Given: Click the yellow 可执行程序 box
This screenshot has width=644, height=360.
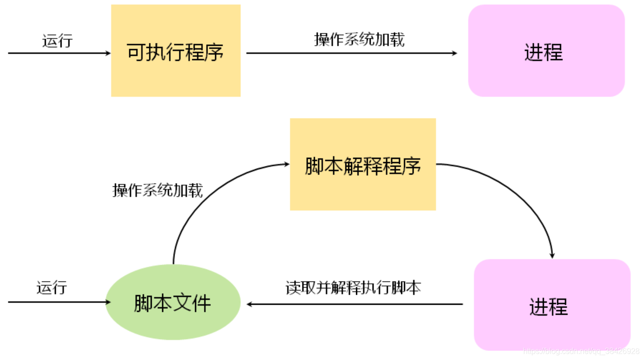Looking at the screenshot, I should click(x=176, y=51).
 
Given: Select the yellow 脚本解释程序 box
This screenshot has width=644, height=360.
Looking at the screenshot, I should click(x=363, y=165).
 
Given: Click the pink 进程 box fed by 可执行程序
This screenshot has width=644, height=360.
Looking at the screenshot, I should click(x=546, y=51).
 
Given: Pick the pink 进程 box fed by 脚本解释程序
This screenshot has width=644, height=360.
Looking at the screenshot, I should click(x=552, y=305).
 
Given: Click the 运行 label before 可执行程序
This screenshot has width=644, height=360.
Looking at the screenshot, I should click(x=57, y=41).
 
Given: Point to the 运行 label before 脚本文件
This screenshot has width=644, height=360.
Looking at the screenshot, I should click(x=52, y=288).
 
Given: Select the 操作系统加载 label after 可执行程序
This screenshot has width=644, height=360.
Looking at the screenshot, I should click(x=359, y=39).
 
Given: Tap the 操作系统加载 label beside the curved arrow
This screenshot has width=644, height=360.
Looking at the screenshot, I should click(x=157, y=190).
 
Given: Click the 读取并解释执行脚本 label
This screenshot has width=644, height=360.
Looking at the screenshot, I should click(x=353, y=288).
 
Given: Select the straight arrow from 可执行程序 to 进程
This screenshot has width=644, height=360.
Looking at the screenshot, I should click(x=351, y=53).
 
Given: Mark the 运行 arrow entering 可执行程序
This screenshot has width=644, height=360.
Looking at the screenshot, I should click(x=57, y=53).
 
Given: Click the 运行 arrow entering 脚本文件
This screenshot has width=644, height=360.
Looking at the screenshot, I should click(x=57, y=302).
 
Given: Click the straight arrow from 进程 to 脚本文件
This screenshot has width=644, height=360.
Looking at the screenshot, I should click(x=355, y=304).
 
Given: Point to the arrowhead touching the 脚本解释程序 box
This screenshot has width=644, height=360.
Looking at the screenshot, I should click(x=286, y=165).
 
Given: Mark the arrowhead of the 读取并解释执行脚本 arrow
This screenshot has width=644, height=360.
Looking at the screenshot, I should click(x=249, y=304).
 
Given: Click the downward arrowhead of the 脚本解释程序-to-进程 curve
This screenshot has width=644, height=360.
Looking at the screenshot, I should click(x=552, y=255).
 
